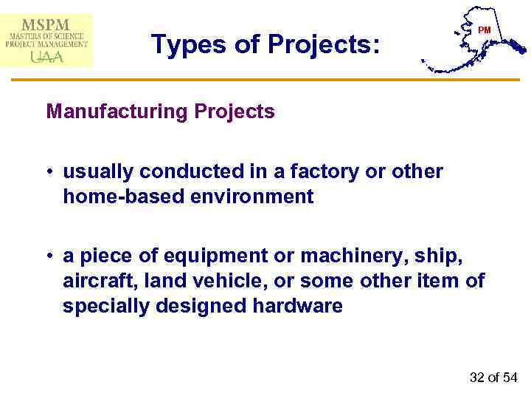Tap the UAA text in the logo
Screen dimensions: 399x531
(46, 56)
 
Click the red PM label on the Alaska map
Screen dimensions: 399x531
(484, 30)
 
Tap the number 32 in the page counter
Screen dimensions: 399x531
(477, 378)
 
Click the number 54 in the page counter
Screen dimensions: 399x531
(510, 378)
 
